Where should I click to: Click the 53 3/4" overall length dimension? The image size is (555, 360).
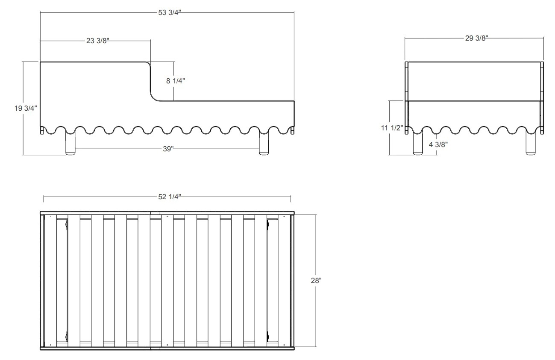point(170,13)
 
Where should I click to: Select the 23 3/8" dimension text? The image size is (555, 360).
point(97,41)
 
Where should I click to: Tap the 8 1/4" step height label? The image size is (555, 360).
point(176,81)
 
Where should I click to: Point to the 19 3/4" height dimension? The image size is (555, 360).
point(26,108)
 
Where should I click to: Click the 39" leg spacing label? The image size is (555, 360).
point(168,149)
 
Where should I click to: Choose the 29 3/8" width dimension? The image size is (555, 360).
point(476,38)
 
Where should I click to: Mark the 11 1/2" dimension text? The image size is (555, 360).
point(392,128)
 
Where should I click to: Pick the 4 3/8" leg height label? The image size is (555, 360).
point(438,145)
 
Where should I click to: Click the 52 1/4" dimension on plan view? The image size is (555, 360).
point(170,197)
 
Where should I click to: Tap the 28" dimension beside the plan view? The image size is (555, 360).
point(316,280)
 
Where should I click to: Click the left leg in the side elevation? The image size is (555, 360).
point(70,143)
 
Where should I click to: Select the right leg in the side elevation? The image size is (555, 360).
point(264,143)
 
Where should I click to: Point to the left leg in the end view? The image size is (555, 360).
point(418,144)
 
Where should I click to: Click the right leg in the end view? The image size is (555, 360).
point(531,144)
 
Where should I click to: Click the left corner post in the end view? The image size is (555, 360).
point(406,98)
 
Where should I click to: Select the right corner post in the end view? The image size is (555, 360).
point(542,98)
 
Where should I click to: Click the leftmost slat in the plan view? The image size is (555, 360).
point(50,280)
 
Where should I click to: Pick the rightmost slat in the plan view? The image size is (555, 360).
point(284,280)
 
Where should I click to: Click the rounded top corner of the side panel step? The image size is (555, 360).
point(149,63)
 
